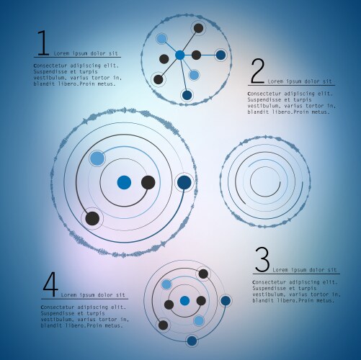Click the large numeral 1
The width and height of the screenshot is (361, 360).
click(x=43, y=43)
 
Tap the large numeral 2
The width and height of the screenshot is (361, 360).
click(x=257, y=71)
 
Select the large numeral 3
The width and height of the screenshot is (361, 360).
click(x=262, y=260)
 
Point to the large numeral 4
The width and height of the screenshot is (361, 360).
click(x=50, y=285)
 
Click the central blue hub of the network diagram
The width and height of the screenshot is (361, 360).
click(x=179, y=55)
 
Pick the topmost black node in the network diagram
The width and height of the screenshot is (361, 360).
click(x=198, y=28)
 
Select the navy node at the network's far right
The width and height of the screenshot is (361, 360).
click(x=220, y=55)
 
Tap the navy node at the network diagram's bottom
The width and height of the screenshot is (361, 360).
click(x=187, y=95)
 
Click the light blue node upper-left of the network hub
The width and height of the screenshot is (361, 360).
click(x=161, y=39)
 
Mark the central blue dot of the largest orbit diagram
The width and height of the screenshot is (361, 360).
click(x=124, y=182)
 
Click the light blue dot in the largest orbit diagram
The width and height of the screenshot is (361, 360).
click(x=97, y=158)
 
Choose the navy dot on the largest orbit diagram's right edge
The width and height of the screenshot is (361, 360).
click(x=184, y=182)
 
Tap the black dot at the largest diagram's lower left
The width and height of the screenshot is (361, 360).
click(x=92, y=218)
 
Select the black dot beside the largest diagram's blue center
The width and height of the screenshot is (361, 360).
click(x=148, y=182)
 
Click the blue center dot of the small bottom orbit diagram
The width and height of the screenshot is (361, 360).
click(x=184, y=301)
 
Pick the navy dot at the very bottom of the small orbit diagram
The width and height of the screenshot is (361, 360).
click(x=192, y=341)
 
